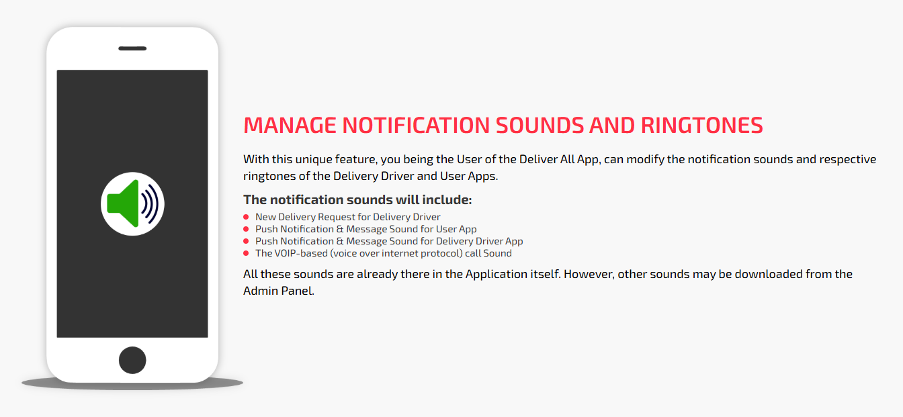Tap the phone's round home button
132,360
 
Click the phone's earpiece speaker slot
132,48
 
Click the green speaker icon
123,203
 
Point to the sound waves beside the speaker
150,203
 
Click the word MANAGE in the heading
290,126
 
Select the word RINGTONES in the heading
702,126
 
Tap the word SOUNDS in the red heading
540,126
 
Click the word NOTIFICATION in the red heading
416,126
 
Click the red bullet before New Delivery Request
246,217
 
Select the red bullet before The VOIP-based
246,253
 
